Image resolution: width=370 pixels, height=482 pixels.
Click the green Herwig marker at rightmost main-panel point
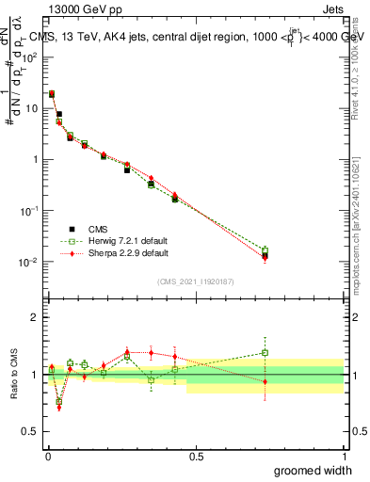[265, 251]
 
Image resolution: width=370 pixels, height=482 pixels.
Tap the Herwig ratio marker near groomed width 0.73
[265, 353]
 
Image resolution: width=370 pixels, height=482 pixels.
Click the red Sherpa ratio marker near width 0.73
[265, 381]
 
